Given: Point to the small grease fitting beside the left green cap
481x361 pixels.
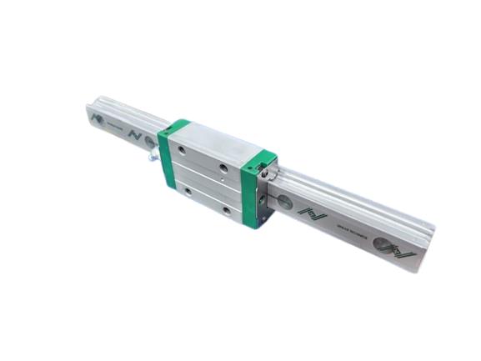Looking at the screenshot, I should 151,155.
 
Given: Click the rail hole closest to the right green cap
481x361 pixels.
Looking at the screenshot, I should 285,201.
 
